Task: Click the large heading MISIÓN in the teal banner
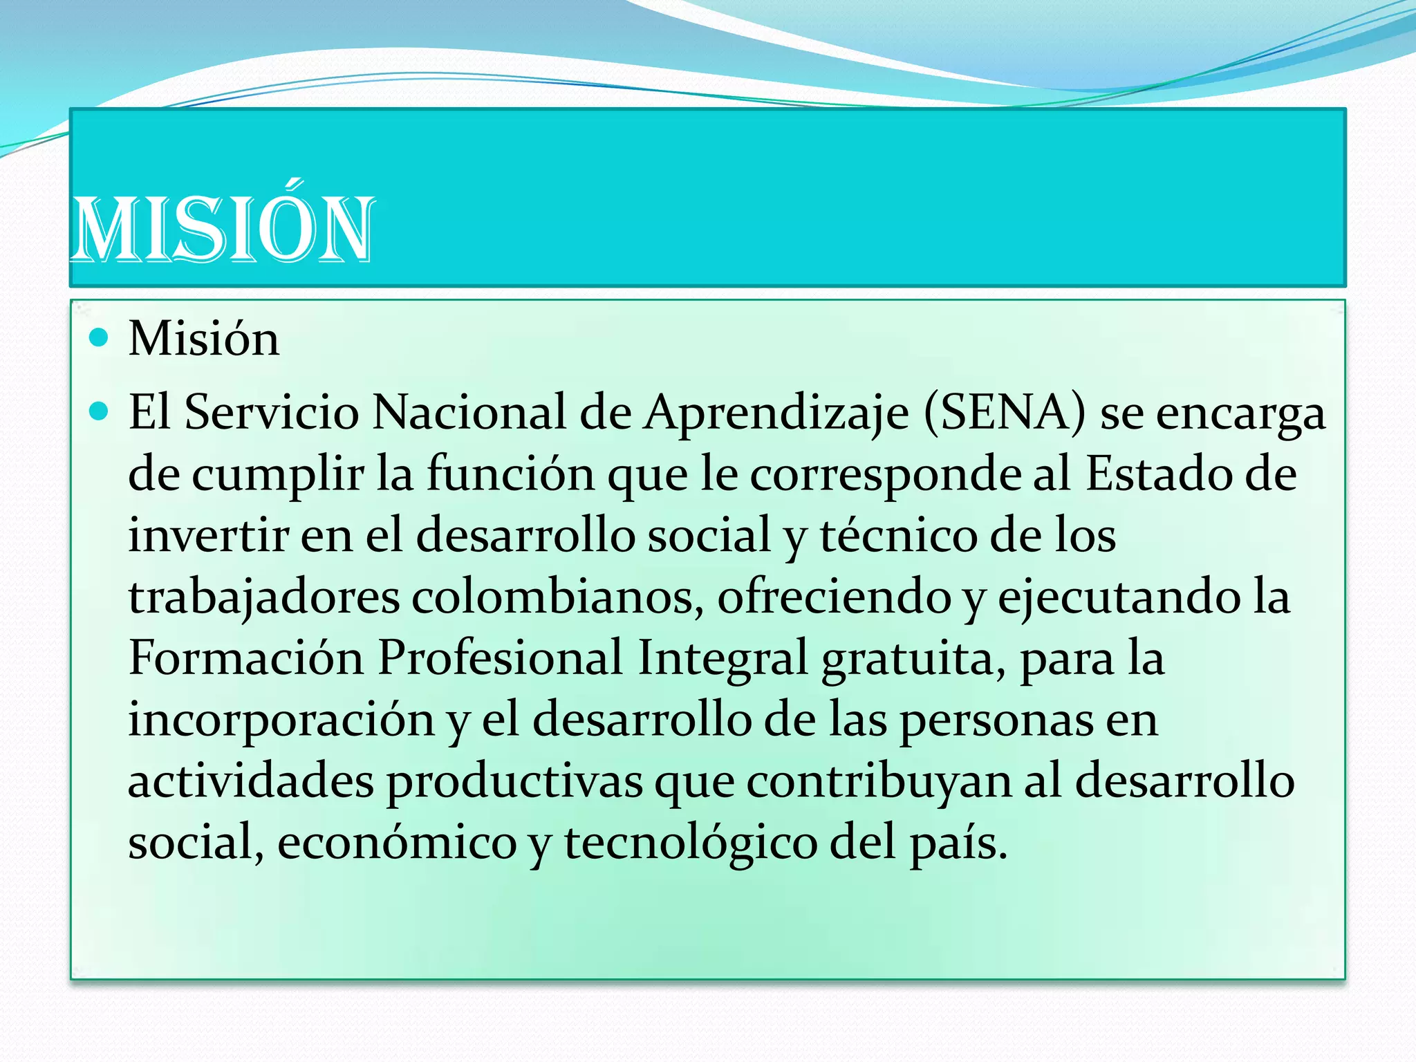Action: click(223, 228)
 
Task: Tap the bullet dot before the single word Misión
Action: click(100, 337)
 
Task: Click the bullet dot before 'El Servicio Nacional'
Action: click(100, 412)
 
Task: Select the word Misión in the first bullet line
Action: click(204, 339)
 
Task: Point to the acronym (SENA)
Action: click(1004, 413)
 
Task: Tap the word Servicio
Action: click(272, 413)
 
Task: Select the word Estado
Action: click(1165, 474)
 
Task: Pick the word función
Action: click(510, 474)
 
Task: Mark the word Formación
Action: click(246, 658)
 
